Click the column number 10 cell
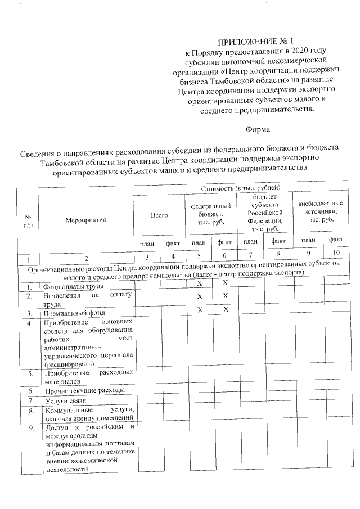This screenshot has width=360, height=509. (336, 254)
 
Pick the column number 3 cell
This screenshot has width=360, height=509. (146, 258)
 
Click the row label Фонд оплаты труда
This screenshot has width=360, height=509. (70, 287)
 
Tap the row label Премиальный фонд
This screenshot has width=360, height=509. (75, 312)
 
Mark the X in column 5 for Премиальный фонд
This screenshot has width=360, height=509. (199, 310)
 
